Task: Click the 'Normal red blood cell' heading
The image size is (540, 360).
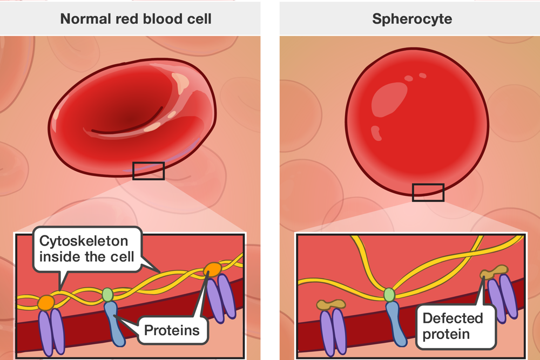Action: click(x=136, y=19)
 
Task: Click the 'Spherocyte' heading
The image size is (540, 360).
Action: click(x=412, y=19)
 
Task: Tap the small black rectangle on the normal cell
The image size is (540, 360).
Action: click(x=148, y=171)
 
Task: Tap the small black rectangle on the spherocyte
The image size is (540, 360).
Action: click(x=428, y=192)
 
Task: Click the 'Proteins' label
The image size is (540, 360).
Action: click(x=172, y=330)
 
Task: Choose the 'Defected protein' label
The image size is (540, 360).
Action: click(x=453, y=325)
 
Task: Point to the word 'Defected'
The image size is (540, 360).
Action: click(x=453, y=317)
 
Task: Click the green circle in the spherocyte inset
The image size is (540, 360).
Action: click(x=389, y=294)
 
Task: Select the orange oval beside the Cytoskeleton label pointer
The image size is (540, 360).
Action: click(x=46, y=302)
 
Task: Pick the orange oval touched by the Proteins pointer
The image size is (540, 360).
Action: click(x=212, y=269)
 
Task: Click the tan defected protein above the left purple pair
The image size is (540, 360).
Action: click(x=331, y=304)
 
